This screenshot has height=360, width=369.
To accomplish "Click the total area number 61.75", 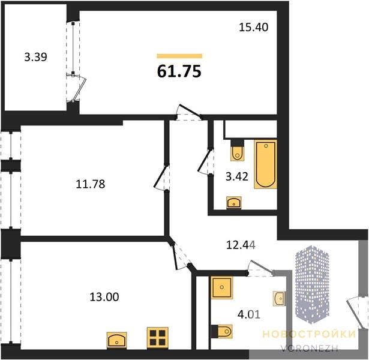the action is [x=179, y=71].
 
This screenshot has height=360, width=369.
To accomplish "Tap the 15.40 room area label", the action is [x=253, y=27].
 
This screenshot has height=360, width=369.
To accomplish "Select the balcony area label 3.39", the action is [x=36, y=57].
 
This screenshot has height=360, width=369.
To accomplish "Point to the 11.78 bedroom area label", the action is [x=91, y=184].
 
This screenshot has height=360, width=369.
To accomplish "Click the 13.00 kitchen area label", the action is [x=104, y=297].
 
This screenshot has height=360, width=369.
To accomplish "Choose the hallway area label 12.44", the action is [x=241, y=245].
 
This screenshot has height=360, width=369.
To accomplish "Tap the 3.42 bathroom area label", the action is [x=237, y=176].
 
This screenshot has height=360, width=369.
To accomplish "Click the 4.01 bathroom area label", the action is [x=249, y=314].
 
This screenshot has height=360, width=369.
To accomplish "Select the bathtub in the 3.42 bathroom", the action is [x=265, y=164].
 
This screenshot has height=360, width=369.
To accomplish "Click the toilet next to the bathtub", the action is [x=238, y=151].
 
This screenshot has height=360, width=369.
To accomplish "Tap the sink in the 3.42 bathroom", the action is [x=233, y=202].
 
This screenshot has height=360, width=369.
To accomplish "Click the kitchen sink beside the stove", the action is [x=117, y=340].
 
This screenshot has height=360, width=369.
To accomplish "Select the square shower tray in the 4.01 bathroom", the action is [x=222, y=287].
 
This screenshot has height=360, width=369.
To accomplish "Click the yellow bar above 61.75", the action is [x=179, y=56].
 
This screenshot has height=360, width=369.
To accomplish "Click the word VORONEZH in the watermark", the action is [x=310, y=348].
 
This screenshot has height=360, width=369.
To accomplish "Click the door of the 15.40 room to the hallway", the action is [x=189, y=112].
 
